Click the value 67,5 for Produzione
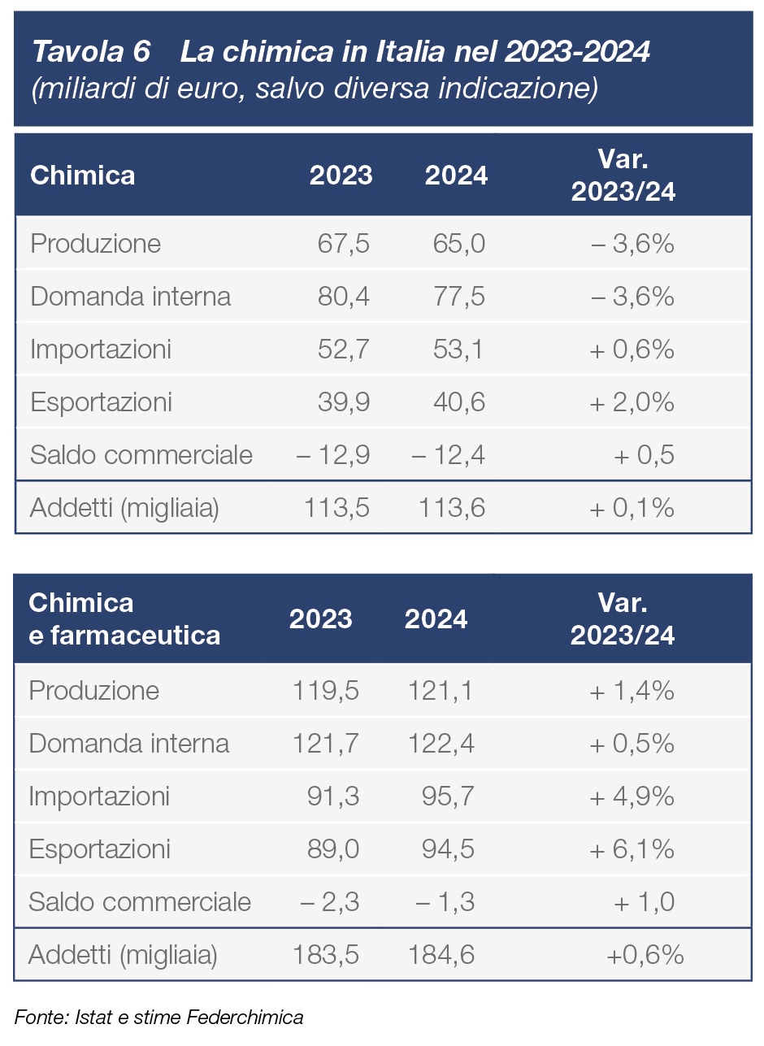[343, 244]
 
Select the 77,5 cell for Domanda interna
[458, 297]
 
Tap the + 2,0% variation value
[632, 402]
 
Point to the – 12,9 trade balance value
[333, 455]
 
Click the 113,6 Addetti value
[452, 508]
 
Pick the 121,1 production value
[440, 691]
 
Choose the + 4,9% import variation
[632, 796]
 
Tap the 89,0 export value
[333, 849]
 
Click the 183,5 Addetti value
[325, 955]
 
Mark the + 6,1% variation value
[632, 849]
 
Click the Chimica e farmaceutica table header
[124, 618]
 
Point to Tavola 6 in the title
[91, 53]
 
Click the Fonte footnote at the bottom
[158, 1017]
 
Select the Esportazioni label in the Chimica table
[101, 402]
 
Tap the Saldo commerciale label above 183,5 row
[140, 902]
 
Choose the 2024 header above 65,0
[456, 176]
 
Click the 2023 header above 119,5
[321, 619]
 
